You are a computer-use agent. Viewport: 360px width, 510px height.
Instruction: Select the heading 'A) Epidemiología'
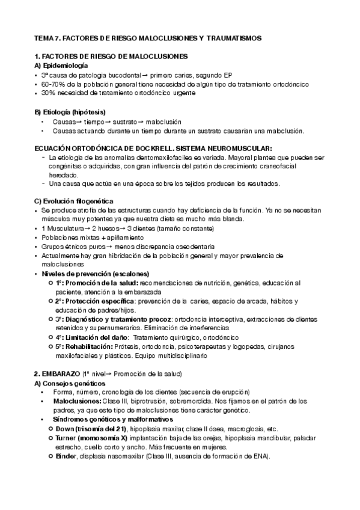pos(61,66)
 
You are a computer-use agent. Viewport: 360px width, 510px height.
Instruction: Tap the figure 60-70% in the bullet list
pos(53,84)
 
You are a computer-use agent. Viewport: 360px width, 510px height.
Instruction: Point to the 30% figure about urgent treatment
pos(48,93)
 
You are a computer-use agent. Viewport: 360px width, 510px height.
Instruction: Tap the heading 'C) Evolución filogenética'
pos(75,200)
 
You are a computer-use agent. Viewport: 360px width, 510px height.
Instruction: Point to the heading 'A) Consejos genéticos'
pos(70,383)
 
